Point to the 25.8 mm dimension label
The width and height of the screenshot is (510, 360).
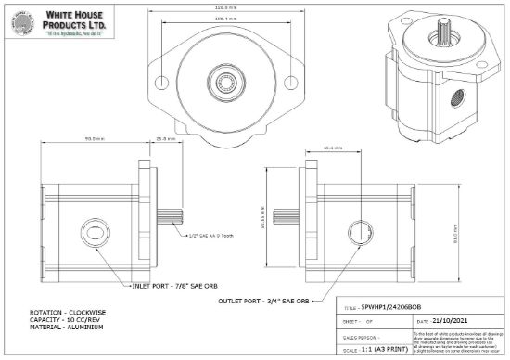[161, 140]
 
